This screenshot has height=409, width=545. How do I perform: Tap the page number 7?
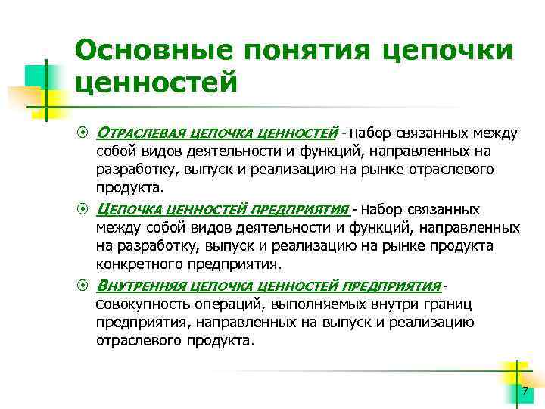[524, 391]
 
